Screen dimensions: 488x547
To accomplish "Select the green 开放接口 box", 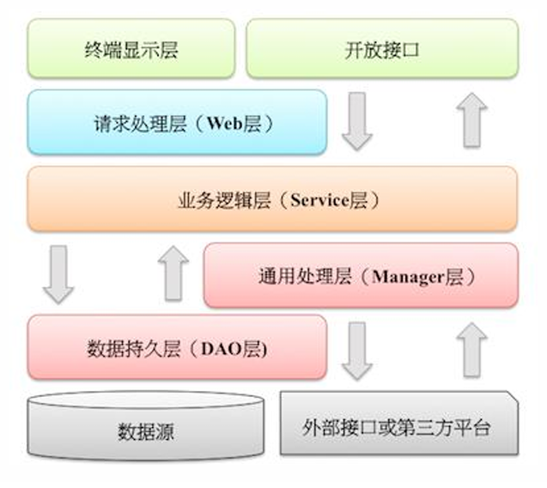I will tap(382, 49).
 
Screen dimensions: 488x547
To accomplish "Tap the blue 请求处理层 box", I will tap(177, 123).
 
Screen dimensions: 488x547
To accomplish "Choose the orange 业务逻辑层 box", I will tap(272, 200).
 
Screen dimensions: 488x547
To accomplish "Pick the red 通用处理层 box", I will tap(361, 276).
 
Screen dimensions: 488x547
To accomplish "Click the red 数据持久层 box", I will tap(177, 348).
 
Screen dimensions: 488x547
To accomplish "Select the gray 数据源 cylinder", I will tap(144, 430).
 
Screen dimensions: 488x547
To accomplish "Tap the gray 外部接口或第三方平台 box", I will tap(398, 425).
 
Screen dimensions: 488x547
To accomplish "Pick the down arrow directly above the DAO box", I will tap(58, 272).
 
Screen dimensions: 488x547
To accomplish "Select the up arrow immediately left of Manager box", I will tap(174, 272).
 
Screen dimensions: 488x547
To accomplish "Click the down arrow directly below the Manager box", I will tap(357, 351).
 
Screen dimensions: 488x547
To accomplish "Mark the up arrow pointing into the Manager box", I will tap(471, 351).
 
